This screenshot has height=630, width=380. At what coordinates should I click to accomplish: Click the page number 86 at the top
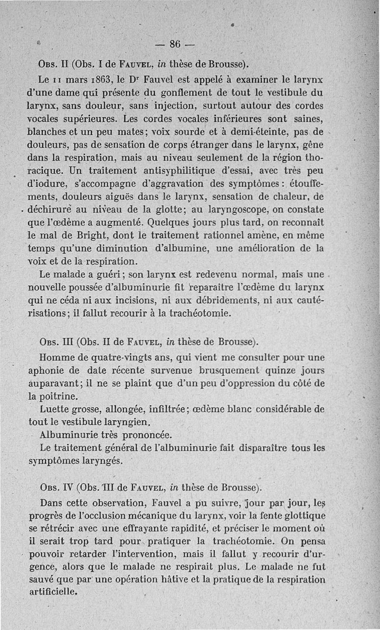coord(174,44)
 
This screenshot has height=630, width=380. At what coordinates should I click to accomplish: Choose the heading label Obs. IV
coord(56,487)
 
